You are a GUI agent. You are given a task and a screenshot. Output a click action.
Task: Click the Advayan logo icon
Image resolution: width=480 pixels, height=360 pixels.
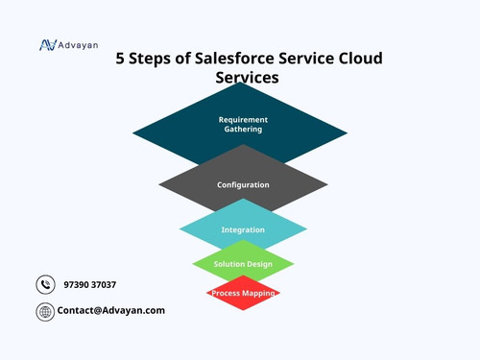(x=47, y=44)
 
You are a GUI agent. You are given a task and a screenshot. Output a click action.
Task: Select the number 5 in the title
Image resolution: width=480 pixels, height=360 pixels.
(x=121, y=58)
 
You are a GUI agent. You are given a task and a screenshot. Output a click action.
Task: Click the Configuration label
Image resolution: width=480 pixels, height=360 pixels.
(x=243, y=184)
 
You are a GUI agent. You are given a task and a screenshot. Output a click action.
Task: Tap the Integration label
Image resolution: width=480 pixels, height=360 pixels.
(x=243, y=230)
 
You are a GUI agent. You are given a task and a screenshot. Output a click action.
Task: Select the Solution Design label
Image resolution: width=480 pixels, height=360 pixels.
(x=243, y=264)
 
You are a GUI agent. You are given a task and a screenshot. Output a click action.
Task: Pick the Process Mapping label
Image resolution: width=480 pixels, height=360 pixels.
(x=243, y=293)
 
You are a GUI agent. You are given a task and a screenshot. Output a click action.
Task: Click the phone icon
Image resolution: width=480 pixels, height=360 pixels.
(x=45, y=284)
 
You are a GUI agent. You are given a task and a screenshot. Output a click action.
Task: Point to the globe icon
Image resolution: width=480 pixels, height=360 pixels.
(x=45, y=311)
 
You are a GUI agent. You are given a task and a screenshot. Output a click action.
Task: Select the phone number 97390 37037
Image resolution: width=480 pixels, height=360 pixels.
(x=89, y=285)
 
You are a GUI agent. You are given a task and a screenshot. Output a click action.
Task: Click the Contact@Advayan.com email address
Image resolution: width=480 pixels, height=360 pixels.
(x=110, y=310)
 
